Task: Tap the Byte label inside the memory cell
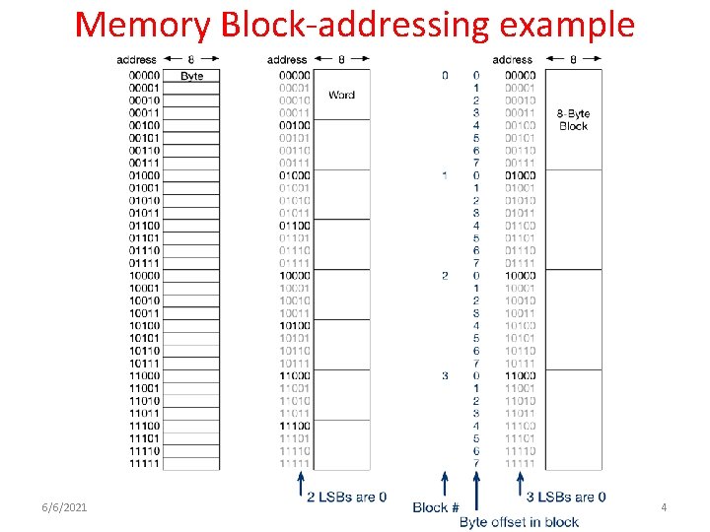191,76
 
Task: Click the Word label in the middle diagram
341,95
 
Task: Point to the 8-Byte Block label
573,120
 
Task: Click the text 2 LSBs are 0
346,496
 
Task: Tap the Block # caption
436,507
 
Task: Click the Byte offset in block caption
519,521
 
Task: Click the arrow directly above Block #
445,484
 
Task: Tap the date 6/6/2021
64,506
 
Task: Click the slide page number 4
664,506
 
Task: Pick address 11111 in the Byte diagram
144,463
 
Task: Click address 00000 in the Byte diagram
144,76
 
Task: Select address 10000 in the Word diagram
294,276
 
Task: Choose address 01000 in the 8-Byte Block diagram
519,175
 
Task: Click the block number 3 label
445,375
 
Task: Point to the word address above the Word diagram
287,60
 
